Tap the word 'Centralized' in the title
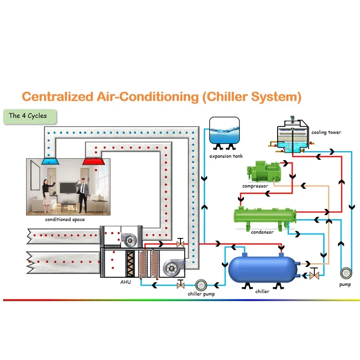(54, 96)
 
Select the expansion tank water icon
(224, 130)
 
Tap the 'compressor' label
(255, 186)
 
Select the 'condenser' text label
(262, 232)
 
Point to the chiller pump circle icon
(201, 284)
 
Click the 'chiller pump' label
(201, 294)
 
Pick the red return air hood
(91, 160)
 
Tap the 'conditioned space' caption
(65, 220)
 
